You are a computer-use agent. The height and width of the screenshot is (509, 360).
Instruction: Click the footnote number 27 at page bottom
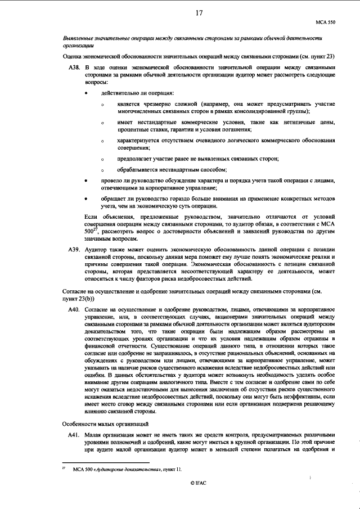point(64,467)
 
